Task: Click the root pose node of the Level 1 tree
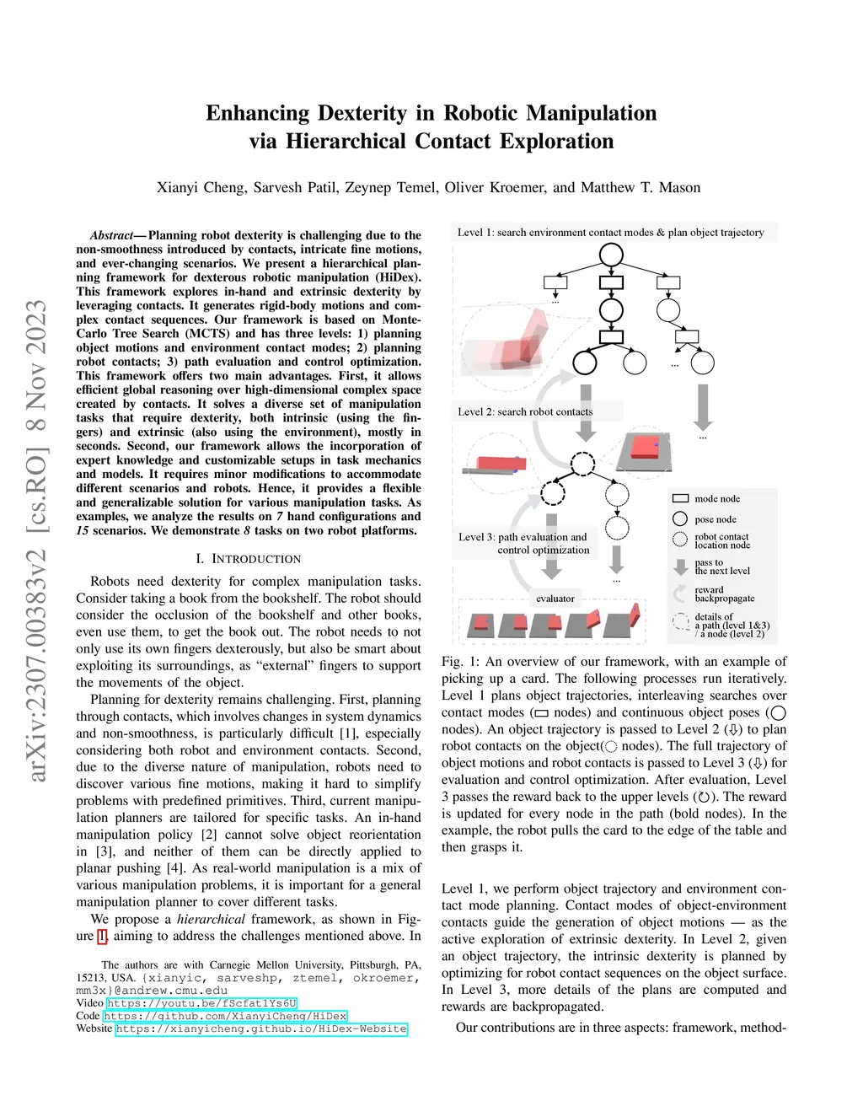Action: [x=611, y=254]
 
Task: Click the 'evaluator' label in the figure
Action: [x=555, y=599]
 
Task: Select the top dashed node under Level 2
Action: [x=582, y=463]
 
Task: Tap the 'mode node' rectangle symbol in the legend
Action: [x=681, y=498]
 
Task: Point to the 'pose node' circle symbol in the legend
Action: [x=681, y=518]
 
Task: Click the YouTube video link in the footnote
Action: [x=201, y=1003]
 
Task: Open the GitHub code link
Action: [x=225, y=1016]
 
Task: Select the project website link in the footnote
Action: [x=261, y=1028]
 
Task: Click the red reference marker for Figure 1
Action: [x=102, y=936]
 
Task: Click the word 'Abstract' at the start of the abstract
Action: [x=111, y=235]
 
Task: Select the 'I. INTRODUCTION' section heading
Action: [x=248, y=559]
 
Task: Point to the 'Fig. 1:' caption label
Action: [x=460, y=662]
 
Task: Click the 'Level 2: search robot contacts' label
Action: [x=525, y=411]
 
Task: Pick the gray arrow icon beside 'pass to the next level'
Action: [x=681, y=567]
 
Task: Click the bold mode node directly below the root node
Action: [x=611, y=282]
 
